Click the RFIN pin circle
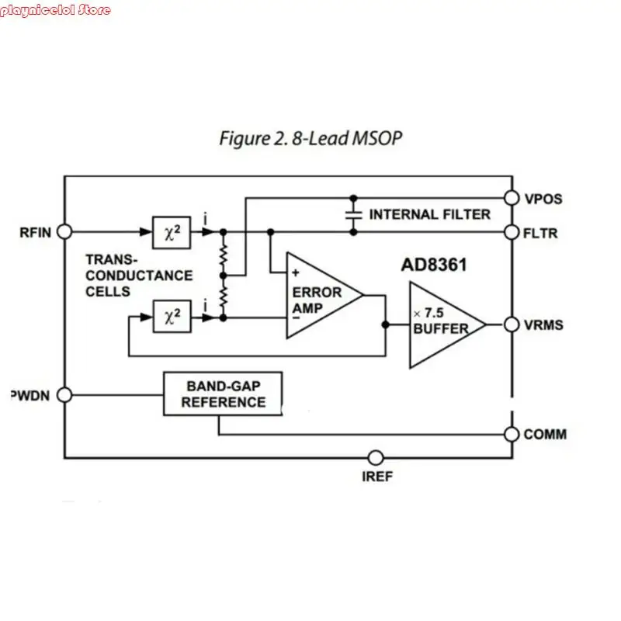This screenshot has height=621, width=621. [x=65, y=231]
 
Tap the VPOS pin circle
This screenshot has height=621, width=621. [x=511, y=198]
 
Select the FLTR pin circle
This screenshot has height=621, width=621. [x=511, y=231]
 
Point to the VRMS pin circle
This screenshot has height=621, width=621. [x=511, y=324]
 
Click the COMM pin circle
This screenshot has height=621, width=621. [x=511, y=434]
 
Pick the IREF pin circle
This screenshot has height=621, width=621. [x=376, y=457]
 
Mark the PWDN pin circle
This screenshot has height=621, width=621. [x=65, y=394]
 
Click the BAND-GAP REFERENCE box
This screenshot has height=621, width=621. [x=223, y=394]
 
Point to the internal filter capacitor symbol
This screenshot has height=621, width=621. [x=354, y=214]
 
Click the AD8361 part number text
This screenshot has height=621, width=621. [x=433, y=265]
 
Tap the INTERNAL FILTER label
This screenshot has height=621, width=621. [x=429, y=214]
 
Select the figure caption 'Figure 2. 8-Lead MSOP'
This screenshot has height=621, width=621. [x=310, y=139]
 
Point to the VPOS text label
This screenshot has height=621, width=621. [x=543, y=199]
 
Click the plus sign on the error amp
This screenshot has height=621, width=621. [x=296, y=272]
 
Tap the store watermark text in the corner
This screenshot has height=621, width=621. [x=56, y=10]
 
